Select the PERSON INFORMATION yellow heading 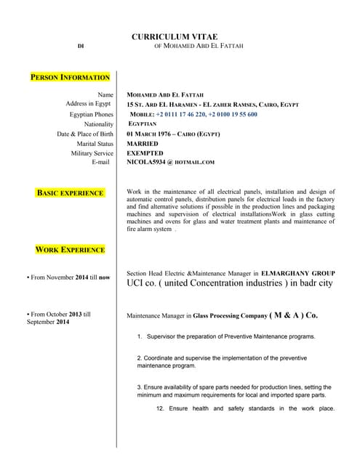(x=71, y=77)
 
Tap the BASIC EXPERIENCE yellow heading (x=70, y=193)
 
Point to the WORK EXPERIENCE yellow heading (x=70, y=250)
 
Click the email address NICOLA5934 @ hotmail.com (x=171, y=163)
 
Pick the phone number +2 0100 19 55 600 (x=233, y=115)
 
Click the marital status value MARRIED (x=143, y=144)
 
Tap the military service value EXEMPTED (x=145, y=153)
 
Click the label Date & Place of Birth (x=85, y=134)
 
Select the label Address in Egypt (x=89, y=104)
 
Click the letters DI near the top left (x=81, y=46)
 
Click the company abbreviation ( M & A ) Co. (x=293, y=316)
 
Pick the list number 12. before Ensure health (x=161, y=408)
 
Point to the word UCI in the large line (x=137, y=283)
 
